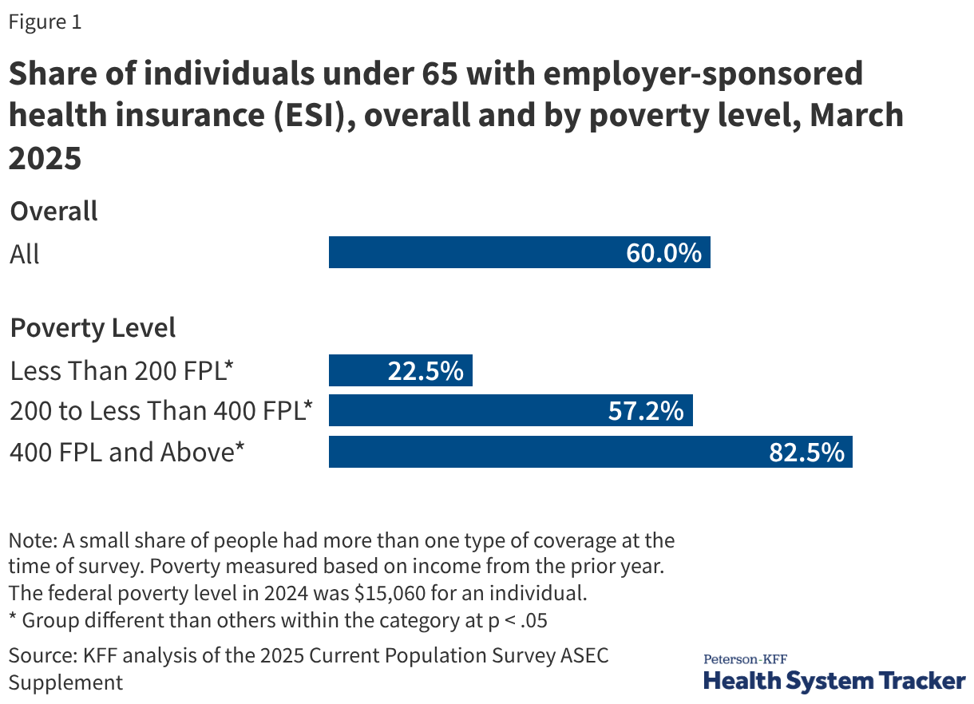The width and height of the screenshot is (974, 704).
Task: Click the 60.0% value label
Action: point(664,253)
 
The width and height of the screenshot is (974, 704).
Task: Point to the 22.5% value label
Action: point(426,371)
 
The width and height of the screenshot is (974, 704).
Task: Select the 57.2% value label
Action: point(646,411)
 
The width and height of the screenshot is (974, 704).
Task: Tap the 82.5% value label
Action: point(806,452)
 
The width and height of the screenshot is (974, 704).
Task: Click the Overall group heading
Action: point(53,212)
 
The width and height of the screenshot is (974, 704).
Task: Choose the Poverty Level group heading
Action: point(93,328)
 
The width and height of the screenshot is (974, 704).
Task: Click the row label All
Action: point(25,255)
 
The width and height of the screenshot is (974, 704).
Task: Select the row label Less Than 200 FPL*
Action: point(121,371)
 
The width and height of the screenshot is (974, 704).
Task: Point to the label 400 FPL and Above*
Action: point(127,452)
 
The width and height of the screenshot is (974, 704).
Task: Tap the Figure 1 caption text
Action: point(45,22)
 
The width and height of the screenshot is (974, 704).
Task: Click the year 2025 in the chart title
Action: point(46,158)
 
